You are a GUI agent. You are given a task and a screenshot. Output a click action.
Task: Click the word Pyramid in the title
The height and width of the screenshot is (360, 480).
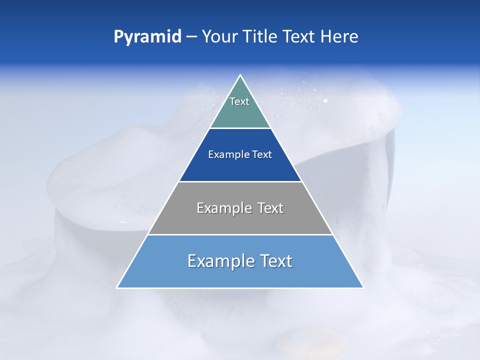(147, 37)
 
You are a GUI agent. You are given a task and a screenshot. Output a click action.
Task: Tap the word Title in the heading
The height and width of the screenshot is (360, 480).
(263, 36)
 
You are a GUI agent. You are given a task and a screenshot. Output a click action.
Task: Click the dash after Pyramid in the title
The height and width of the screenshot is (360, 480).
(191, 37)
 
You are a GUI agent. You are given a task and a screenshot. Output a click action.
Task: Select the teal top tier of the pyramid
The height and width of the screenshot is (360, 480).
(240, 112)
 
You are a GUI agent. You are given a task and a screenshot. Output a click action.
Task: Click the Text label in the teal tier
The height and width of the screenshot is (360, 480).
(239, 101)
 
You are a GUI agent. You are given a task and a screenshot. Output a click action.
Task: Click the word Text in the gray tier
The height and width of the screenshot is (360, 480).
(270, 208)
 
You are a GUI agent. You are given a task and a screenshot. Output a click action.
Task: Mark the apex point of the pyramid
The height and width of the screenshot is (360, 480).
(240, 75)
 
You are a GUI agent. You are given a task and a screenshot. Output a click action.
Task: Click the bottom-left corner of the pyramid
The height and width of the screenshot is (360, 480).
(117, 288)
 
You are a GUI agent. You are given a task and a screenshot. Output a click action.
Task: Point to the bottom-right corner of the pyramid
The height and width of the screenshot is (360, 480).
(363, 288)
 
